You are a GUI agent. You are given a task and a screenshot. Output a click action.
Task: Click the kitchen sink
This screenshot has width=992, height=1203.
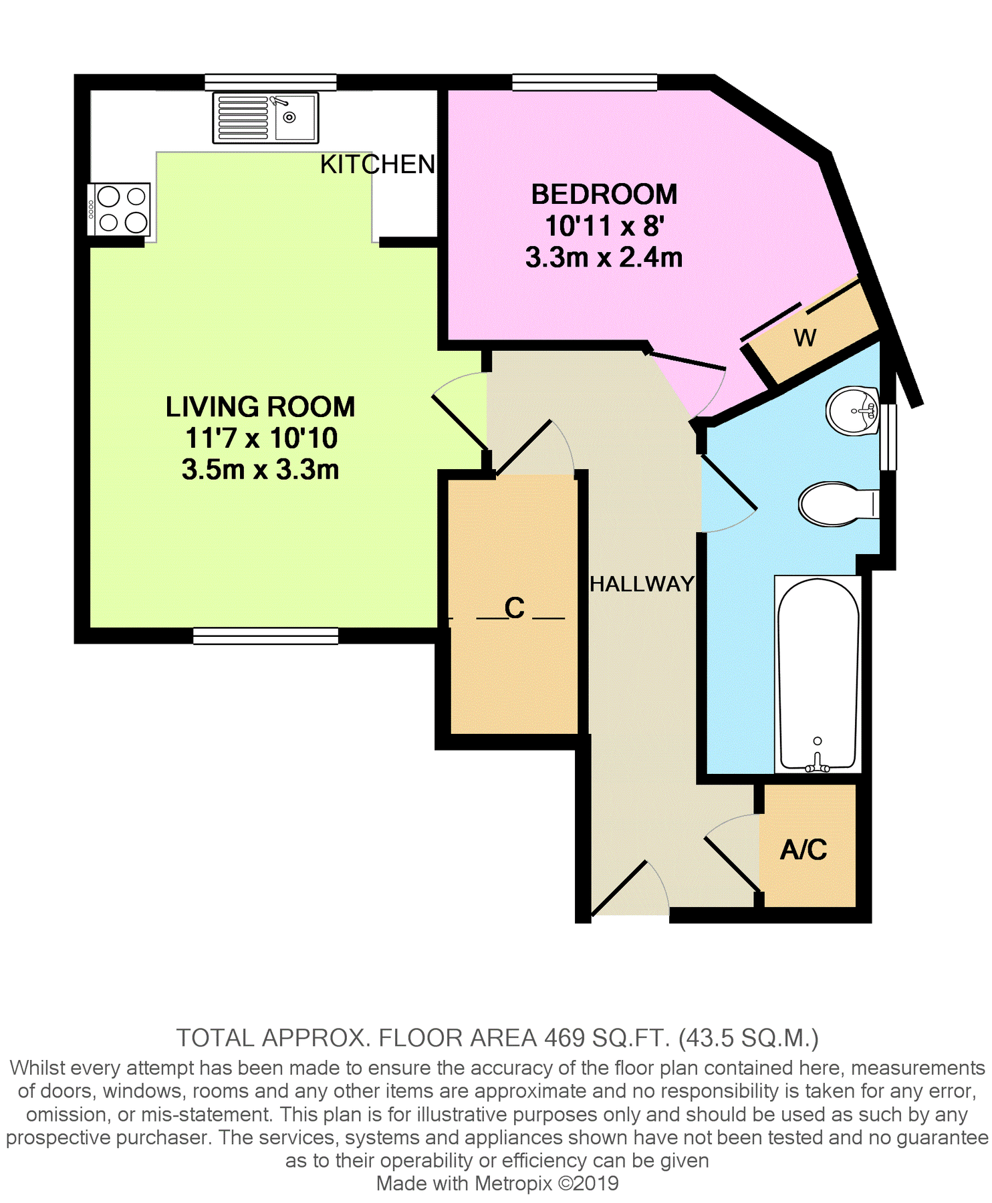tap(265, 118)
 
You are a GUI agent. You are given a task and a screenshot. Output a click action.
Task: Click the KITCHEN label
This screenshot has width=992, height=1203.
tap(377, 164)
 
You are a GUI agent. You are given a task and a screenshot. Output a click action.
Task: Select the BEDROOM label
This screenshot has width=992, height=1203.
tap(604, 194)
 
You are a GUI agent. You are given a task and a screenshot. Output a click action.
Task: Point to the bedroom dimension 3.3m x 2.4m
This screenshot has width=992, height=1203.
tap(604, 257)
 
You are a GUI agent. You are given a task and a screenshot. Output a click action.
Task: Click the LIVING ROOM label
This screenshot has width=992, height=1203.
tap(260, 407)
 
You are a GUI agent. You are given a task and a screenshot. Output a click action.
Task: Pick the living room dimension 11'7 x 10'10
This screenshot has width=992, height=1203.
tap(261, 438)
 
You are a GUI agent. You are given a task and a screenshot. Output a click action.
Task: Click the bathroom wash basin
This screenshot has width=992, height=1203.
tap(852, 410)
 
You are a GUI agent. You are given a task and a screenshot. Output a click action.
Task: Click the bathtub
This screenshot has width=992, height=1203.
tap(818, 672)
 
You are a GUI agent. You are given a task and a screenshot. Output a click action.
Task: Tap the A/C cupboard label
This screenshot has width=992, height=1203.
tap(803, 849)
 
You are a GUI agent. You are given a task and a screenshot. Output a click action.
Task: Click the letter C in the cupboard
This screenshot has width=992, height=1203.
tap(514, 608)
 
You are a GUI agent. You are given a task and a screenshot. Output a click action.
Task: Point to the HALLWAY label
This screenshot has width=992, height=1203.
tap(642, 584)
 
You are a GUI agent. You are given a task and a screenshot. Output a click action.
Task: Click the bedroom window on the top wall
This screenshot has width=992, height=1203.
tap(584, 83)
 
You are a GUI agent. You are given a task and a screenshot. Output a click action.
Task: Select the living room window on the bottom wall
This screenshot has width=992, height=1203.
tap(265, 636)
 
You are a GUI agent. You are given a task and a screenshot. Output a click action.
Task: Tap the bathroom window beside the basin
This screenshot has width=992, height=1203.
tap(888, 437)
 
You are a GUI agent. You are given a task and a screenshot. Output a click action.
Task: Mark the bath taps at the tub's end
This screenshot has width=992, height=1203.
tap(817, 763)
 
